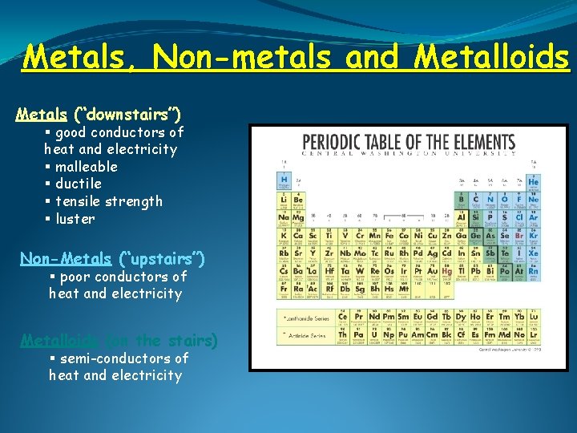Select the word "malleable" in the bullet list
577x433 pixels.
87,167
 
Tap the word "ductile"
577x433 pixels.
79,184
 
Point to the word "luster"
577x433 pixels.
75,219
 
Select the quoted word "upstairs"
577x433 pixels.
161,258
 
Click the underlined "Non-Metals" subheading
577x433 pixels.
66,258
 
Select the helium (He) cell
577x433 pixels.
533,183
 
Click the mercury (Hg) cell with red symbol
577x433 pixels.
446,273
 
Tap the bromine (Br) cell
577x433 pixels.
518,236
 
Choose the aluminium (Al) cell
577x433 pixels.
462,217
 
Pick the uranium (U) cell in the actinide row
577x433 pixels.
374,335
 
